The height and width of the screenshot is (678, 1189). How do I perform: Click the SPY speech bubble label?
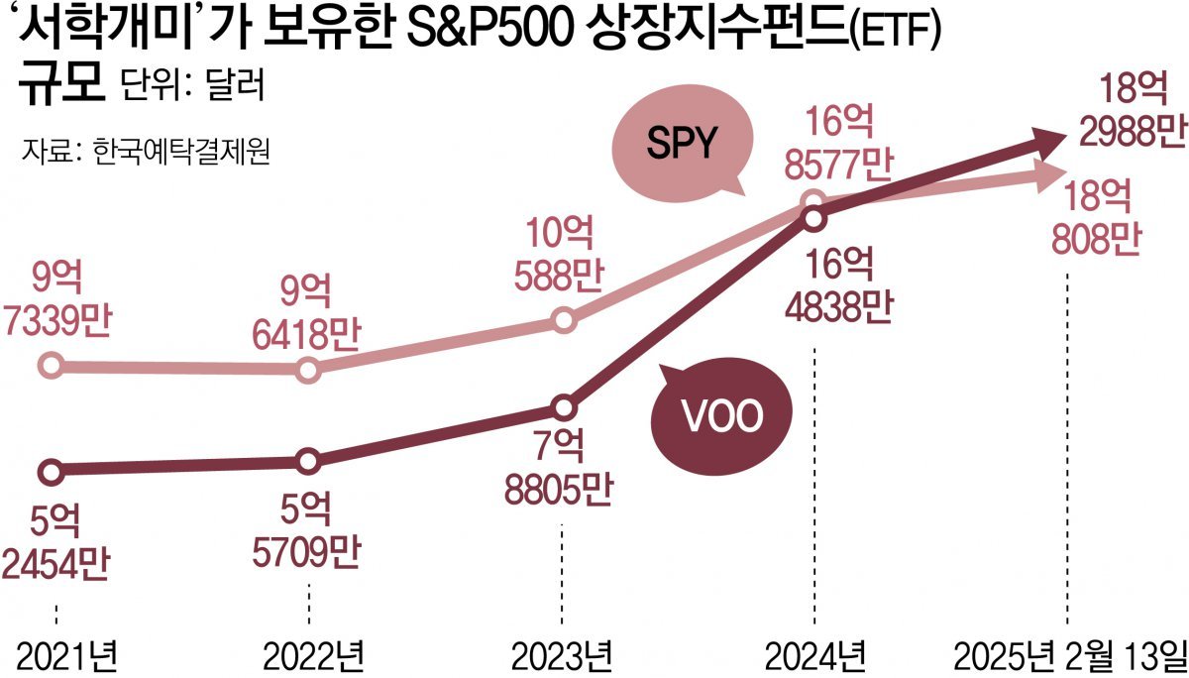pyautogui.click(x=681, y=145)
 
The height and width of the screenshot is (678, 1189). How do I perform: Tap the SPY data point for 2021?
pyautogui.click(x=52, y=366)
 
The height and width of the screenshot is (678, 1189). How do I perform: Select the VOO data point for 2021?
pyautogui.click(x=52, y=469)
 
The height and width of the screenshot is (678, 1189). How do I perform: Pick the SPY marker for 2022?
pyautogui.click(x=308, y=370)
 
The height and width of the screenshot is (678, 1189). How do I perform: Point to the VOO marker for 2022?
pyautogui.click(x=308, y=461)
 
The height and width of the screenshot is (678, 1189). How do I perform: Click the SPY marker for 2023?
pyautogui.click(x=563, y=320)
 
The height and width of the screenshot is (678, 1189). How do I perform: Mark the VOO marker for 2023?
pyautogui.click(x=563, y=406)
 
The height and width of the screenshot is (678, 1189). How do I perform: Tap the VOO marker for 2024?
pyautogui.click(x=813, y=218)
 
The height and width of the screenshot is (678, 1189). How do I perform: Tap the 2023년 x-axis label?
pyautogui.click(x=562, y=654)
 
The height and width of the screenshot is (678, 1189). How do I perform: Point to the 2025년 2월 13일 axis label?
pyautogui.click(x=1067, y=654)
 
